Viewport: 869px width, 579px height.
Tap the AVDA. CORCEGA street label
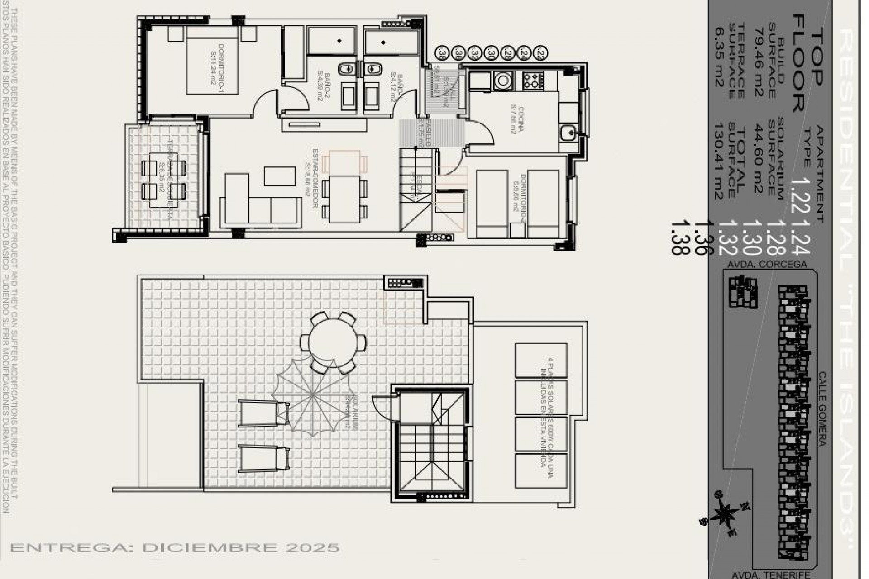[x=767, y=264]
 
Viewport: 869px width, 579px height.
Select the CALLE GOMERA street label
[x=821, y=409]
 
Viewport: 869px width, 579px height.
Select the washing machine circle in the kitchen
[x=502, y=81]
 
